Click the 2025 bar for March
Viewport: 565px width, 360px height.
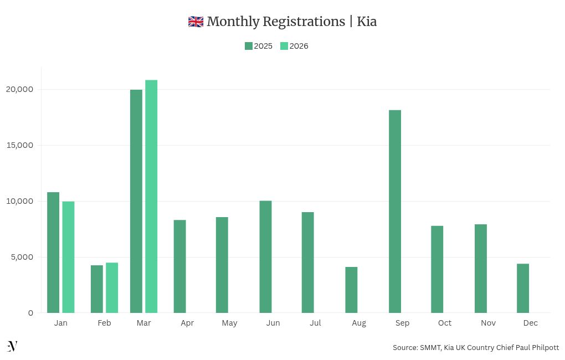click(136, 201)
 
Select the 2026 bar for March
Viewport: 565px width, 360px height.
click(151, 197)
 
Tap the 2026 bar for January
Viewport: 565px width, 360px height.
click(68, 257)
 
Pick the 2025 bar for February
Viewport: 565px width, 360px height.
click(97, 289)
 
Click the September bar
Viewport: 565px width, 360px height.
click(395, 212)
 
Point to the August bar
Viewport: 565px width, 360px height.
click(351, 290)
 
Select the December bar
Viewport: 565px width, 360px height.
click(523, 288)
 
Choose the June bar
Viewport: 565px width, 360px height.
click(265, 256)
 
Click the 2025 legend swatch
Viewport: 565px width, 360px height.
click(249, 46)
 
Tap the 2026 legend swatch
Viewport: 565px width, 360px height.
click(284, 46)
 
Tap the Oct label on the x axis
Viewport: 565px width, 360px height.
click(445, 323)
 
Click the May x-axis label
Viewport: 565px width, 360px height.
click(229, 323)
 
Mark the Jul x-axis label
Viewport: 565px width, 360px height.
click(315, 323)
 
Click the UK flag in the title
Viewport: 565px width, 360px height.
click(196, 22)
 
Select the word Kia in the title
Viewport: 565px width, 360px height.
click(367, 22)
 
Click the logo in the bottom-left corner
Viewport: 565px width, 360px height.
click(12, 346)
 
